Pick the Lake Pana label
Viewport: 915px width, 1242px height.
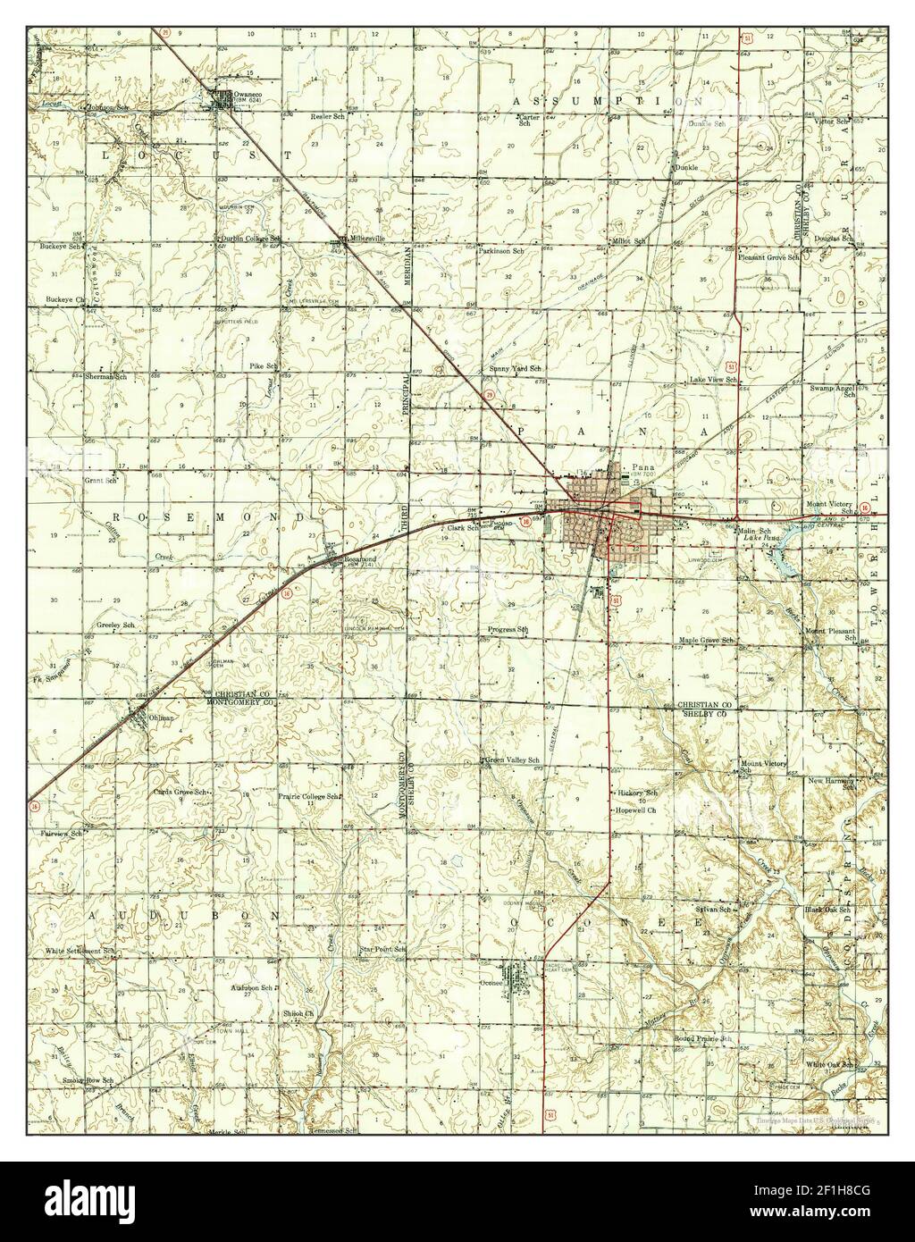coord(761,539)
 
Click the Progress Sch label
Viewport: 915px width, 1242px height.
coord(508,630)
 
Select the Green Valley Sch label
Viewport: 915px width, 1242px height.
coord(511,760)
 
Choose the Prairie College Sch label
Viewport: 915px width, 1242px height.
coord(309,795)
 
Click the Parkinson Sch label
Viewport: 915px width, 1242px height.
coord(500,252)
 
